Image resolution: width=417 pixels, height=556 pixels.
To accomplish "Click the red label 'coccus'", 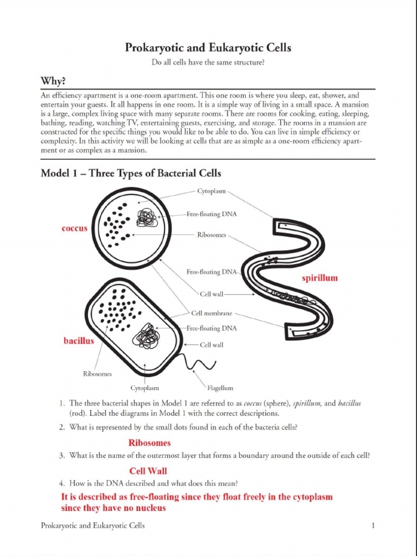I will click(74, 229).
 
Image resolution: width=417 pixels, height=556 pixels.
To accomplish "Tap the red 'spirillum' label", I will click(320, 278).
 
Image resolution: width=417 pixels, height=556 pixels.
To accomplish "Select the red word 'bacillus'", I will click(79, 341).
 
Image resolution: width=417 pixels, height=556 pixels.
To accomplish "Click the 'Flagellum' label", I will click(220, 388).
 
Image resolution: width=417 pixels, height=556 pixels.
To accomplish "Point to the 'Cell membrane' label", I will click(212, 313).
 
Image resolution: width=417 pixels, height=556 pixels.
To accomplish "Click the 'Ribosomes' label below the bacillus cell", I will click(97, 374).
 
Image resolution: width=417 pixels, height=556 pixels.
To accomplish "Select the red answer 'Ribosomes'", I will click(149, 443).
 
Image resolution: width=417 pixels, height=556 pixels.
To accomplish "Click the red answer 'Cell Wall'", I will click(148, 471).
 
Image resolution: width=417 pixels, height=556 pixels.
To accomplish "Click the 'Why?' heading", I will click(53, 81).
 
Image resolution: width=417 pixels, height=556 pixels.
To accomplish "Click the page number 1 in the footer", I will click(374, 526).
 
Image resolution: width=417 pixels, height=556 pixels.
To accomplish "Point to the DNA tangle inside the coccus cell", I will click(147, 218).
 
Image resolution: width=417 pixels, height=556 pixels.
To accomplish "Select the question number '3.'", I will click(62, 456).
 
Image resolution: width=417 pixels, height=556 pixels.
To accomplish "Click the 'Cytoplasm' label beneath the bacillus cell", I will click(144, 388).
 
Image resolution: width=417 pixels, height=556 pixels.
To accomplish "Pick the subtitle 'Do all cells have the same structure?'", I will click(208, 63).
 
